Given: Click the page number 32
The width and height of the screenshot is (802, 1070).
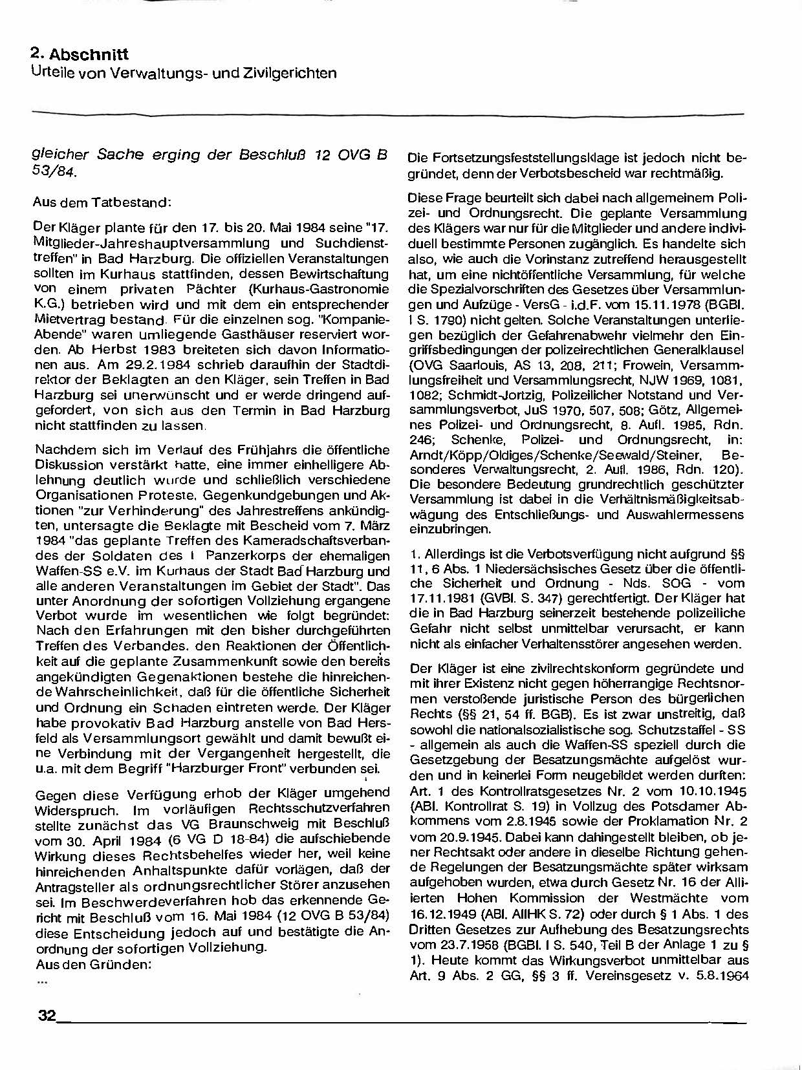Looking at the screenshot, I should click(47, 1015).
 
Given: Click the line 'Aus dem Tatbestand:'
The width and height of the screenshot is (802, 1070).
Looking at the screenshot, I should click(102, 202).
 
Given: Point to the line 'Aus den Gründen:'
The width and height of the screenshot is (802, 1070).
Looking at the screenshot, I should click(93, 963).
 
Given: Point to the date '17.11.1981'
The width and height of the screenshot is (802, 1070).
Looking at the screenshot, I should click(440, 598).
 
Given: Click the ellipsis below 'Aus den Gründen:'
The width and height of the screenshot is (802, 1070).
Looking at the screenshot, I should click(43, 979).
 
